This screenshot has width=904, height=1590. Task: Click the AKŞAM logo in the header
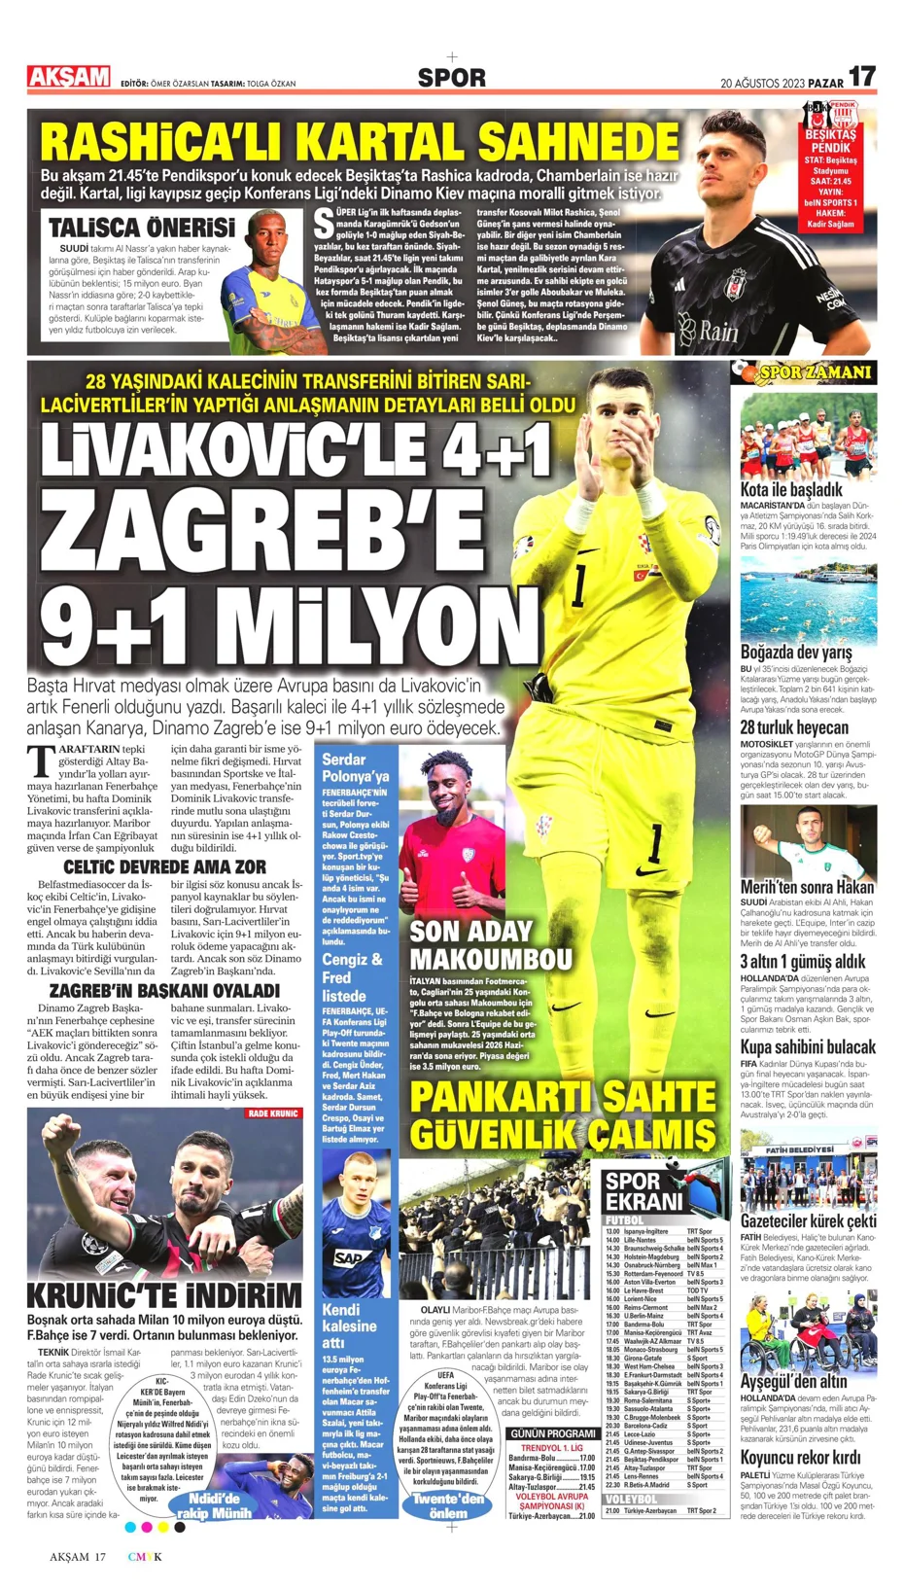[x=68, y=77]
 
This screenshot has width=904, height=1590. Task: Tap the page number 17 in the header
[x=861, y=77]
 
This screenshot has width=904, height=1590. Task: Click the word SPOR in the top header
[x=451, y=78]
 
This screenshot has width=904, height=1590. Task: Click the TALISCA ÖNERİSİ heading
[x=141, y=228]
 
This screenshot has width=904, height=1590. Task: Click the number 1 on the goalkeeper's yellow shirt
[x=581, y=586]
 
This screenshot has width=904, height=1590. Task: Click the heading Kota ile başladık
[x=790, y=489]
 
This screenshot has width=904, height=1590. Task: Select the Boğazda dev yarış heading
[x=795, y=652]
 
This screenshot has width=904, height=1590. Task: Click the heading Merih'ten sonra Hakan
[x=807, y=887]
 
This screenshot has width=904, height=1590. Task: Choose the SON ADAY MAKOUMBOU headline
[x=490, y=944]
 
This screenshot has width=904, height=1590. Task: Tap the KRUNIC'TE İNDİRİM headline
[x=164, y=1295]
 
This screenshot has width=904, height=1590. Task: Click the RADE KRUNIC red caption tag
[x=272, y=1113]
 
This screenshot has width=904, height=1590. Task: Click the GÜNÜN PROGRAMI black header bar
[x=553, y=1433]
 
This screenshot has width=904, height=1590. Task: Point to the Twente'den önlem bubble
[x=447, y=1505]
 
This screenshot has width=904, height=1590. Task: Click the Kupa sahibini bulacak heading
[x=807, y=1047]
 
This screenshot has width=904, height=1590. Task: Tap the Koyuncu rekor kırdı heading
[x=799, y=1458]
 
